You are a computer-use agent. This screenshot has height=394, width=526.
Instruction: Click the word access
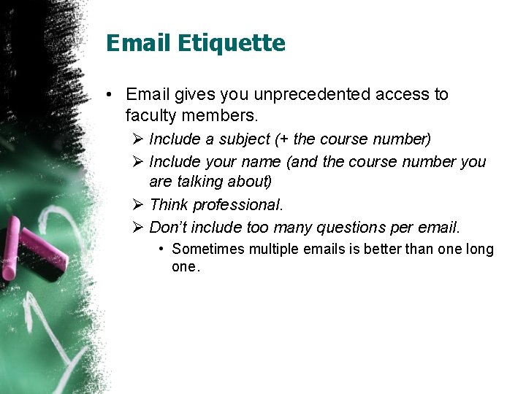point(403,94)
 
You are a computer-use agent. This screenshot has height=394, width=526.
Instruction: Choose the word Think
point(168,205)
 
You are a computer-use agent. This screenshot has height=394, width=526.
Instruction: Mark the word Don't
point(169,228)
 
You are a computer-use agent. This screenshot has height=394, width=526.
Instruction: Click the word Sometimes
point(208,250)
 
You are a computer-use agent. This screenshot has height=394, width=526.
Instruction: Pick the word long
point(479,250)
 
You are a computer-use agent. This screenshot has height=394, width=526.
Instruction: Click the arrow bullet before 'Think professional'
point(139,205)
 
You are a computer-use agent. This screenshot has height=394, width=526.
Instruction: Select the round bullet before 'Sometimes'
point(162,250)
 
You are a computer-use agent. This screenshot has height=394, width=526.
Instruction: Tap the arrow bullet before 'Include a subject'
point(139,139)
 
